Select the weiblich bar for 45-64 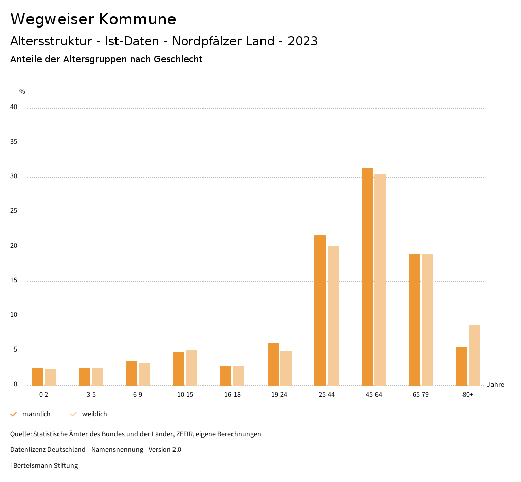click(380, 280)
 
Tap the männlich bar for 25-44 click(320, 310)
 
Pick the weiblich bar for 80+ click(474, 355)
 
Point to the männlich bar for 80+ click(461, 366)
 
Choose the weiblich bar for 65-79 click(427, 320)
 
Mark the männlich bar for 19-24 click(273, 364)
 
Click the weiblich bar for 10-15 click(192, 367)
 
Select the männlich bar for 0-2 click(38, 377)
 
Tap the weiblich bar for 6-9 click(144, 374)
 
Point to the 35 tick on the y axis click(14, 142)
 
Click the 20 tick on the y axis click(14, 246)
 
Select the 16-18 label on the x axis click(233, 395)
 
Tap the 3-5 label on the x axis click(91, 395)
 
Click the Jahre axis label click(496, 385)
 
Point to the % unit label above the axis click(22, 92)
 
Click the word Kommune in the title click(137, 19)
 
